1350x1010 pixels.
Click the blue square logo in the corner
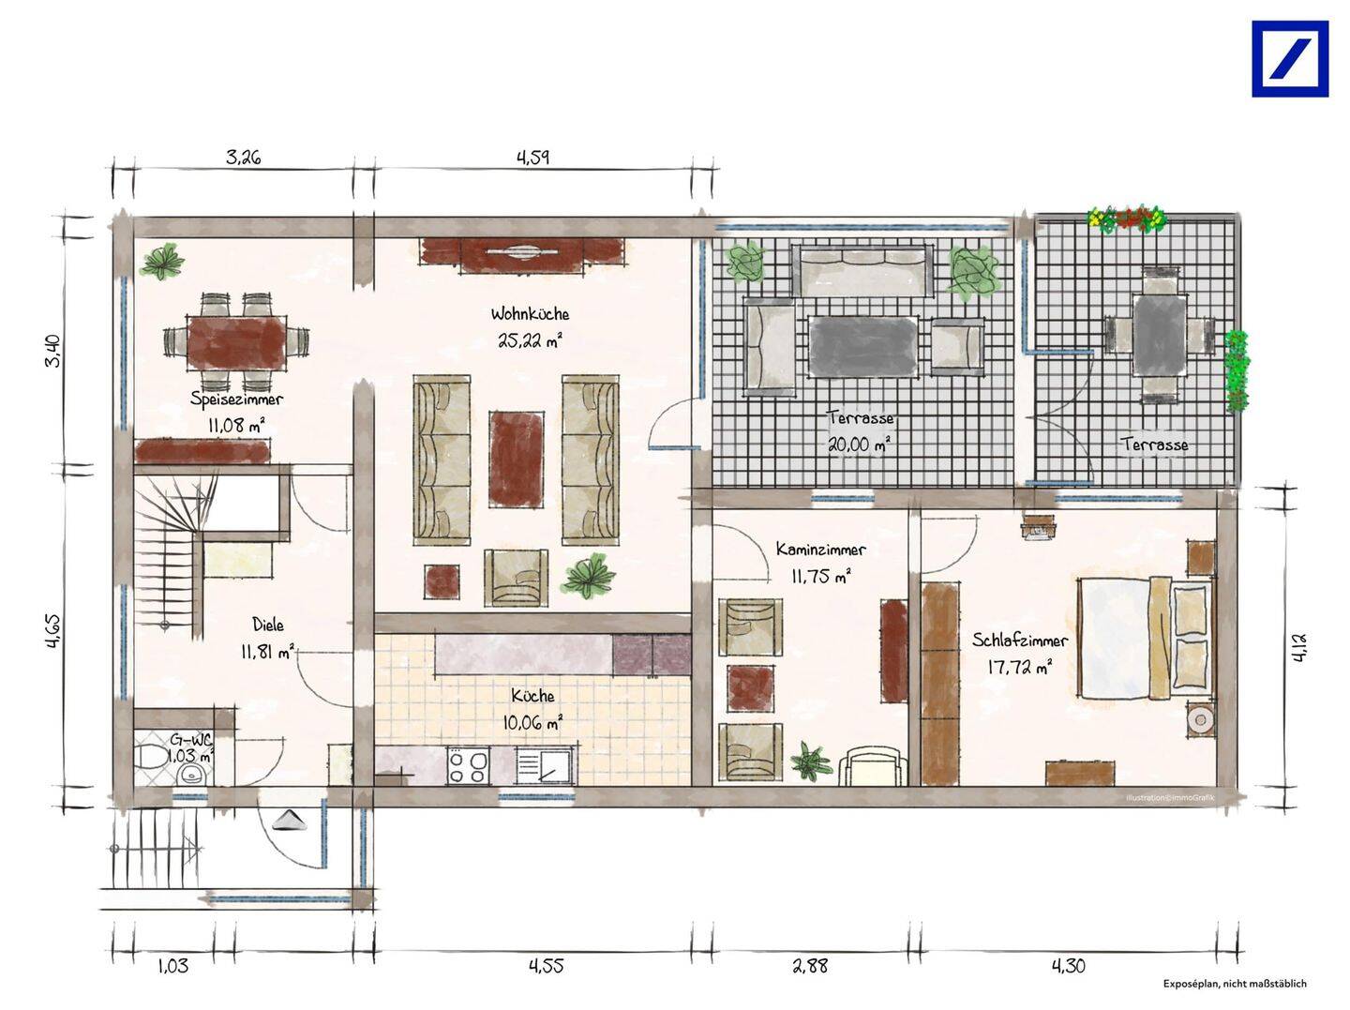pos(1290,59)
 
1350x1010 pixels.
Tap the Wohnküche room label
pos(530,314)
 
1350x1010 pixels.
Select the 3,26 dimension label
pos(243,158)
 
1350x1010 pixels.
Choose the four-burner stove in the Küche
pos(469,766)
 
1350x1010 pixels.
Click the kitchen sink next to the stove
pos(546,766)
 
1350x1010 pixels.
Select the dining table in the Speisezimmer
pos(237,342)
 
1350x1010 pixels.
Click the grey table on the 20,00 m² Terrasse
pos(862,346)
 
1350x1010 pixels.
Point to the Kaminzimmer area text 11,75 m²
pos(821,577)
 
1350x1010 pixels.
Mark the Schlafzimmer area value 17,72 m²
pos(1019,667)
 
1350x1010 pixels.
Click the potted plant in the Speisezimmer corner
pos(162,262)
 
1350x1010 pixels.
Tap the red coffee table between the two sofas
pos(516,460)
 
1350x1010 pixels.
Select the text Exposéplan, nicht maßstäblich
pos(1235,984)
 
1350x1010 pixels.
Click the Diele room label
pos(268,625)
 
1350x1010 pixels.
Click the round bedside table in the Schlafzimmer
pos(1199,719)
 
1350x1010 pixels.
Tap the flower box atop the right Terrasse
pos(1125,219)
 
